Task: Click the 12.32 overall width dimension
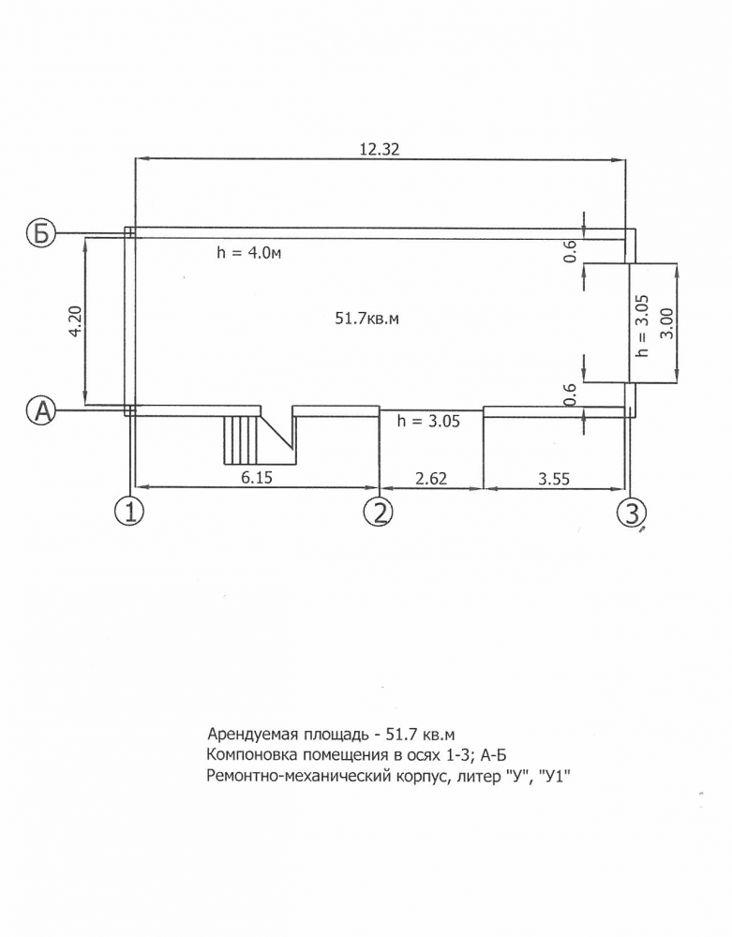coord(379,149)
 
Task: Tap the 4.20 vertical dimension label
coord(75,321)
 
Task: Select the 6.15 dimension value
coord(257,478)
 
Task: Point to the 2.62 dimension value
coord(430,478)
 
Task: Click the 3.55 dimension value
coord(554,479)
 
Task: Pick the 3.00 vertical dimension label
coord(667,323)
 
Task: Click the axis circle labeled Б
coord(40,233)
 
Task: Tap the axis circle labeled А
coord(41,410)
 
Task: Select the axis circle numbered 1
coord(129,512)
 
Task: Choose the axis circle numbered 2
coord(379,512)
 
